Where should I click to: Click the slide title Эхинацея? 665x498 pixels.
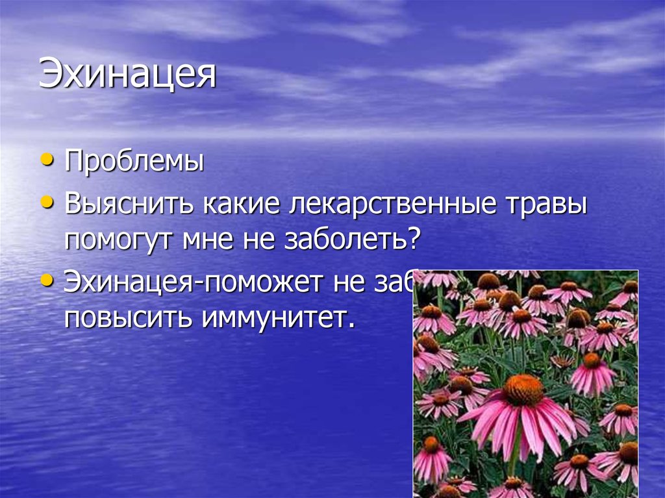point(127,75)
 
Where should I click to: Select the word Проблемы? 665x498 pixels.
point(134,161)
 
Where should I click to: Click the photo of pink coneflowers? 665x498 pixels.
point(525,383)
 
